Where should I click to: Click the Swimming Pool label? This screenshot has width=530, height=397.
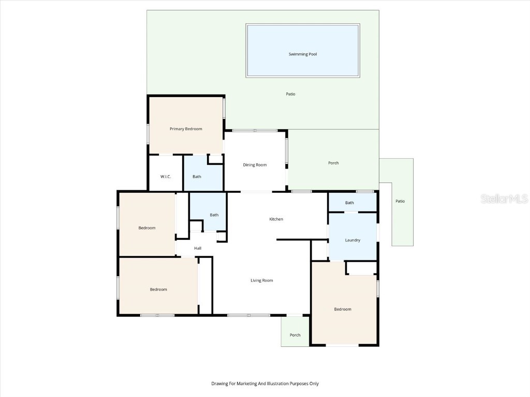coord(303,54)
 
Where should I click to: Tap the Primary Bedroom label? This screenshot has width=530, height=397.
coord(186,129)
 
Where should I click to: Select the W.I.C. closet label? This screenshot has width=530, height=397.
coord(166,177)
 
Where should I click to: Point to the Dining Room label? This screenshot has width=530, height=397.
coord(255,165)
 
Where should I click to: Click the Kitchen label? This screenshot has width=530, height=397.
coord(276,219)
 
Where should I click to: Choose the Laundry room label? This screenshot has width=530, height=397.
coord(352,240)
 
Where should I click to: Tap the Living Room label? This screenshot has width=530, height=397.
coord(261,280)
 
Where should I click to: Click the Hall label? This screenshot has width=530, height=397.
coord(198,249)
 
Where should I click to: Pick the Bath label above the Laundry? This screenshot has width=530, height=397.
coord(350,203)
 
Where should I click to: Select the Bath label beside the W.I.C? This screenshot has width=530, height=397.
coord(197,177)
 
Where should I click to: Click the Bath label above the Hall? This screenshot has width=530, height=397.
coord(214,215)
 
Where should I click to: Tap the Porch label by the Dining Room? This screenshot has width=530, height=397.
coord(333,163)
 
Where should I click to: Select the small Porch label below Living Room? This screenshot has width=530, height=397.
coord(295,335)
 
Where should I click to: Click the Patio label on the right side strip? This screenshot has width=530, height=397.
coord(400,201)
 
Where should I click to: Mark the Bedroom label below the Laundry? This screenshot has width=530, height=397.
coord(343,309)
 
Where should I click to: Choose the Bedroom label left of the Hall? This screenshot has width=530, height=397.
coord(146,228)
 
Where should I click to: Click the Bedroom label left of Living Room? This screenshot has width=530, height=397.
coord(158,289)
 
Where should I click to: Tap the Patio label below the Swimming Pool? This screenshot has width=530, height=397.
coord(291,94)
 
